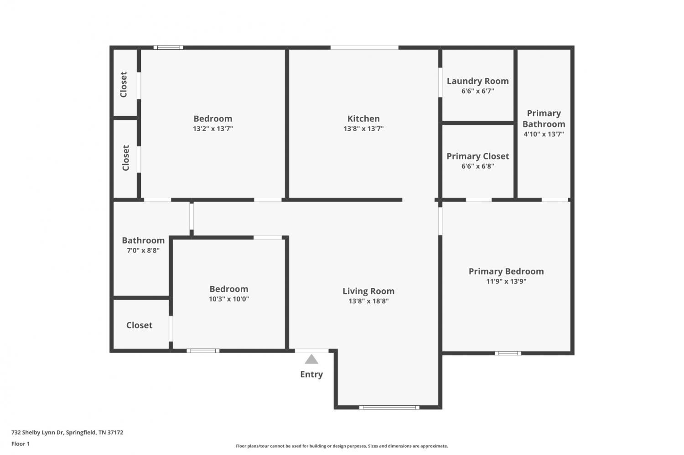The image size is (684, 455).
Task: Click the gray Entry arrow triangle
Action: [311, 359]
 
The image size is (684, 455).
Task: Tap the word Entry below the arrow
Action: [311, 374]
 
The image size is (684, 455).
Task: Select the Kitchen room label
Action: [363, 118]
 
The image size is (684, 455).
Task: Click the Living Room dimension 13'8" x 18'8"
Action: [368, 302]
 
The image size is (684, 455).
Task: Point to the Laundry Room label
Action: [477, 82]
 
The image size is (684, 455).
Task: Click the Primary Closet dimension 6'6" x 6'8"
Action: [477, 166]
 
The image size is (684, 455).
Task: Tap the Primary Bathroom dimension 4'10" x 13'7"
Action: [544, 134]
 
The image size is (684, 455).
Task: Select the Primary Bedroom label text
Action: [506, 271]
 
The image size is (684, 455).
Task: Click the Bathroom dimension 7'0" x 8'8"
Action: [143, 251]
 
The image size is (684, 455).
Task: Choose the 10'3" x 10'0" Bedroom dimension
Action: [229, 299]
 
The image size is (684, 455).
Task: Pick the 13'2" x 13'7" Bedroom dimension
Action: [213, 129]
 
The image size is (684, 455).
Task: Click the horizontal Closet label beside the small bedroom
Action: [139, 325]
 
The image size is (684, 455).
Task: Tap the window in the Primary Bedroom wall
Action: [508, 353]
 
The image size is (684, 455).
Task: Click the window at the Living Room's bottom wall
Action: [389, 408]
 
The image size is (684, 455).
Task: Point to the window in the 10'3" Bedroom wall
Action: [203, 351]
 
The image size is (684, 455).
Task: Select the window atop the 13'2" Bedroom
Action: [168, 47]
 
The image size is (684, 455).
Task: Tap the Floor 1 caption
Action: [21, 444]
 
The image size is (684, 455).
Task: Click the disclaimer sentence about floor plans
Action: [342, 446]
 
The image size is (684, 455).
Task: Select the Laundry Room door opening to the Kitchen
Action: [440, 82]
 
